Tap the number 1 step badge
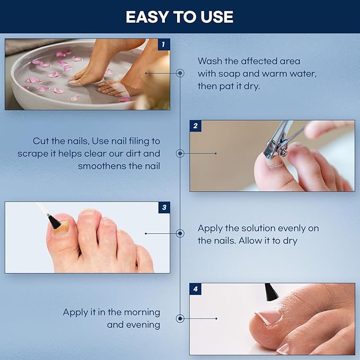tap(164, 45)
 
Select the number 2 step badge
tap(196, 126)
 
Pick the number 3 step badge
tap(164, 208)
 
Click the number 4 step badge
tap(196, 289)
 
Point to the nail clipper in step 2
tap(277, 139)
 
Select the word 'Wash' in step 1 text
tap(210, 61)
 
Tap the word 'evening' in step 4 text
tap(143, 324)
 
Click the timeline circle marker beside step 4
tap(180, 319)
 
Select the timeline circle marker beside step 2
tap(180, 153)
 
